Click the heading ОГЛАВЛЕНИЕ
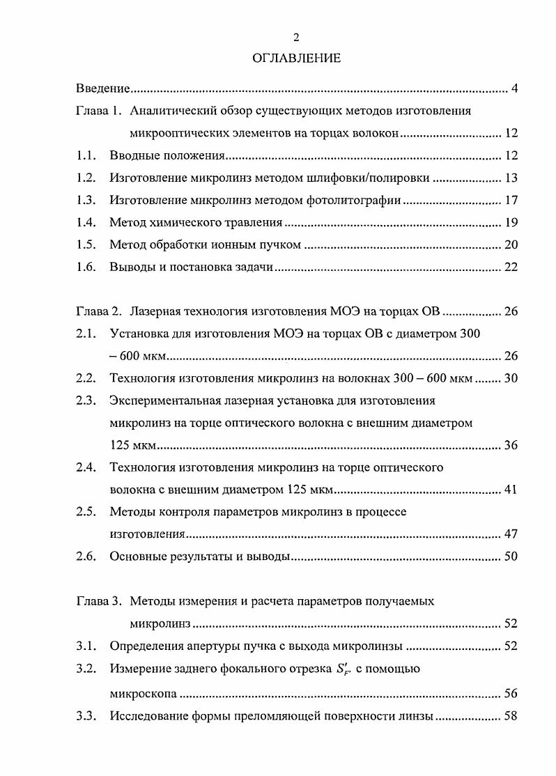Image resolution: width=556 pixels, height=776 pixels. (x=297, y=59)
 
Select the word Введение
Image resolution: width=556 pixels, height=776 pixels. (x=103, y=88)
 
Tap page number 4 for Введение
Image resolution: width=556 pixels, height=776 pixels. (x=513, y=88)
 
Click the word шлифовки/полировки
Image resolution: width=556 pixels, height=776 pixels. (x=375, y=178)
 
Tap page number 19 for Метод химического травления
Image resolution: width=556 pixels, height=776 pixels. (x=510, y=223)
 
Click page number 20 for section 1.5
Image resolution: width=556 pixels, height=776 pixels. (x=510, y=245)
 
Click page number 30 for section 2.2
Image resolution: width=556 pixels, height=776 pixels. (x=510, y=379)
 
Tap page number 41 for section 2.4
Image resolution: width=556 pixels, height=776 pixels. (x=510, y=490)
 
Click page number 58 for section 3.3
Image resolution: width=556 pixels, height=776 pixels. (x=510, y=715)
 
